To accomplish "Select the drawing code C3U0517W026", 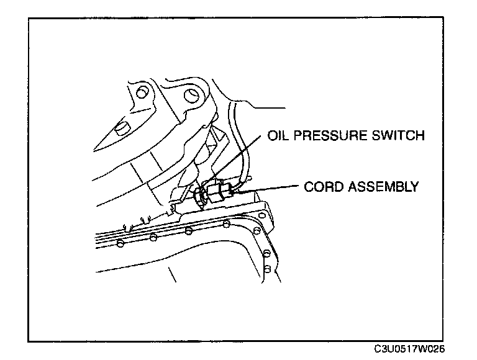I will [x=409, y=349].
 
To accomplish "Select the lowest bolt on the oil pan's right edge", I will [x=267, y=269].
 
